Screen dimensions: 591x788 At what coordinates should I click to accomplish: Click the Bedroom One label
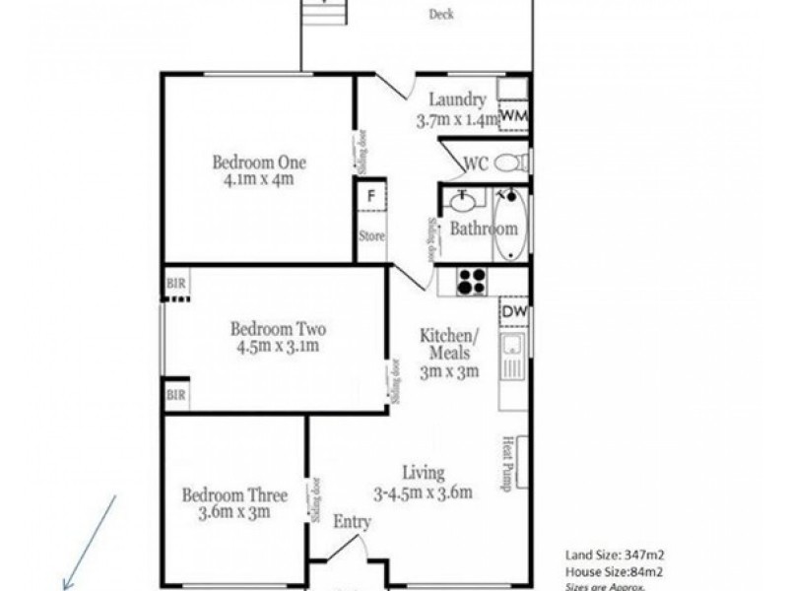pyautogui.click(x=258, y=163)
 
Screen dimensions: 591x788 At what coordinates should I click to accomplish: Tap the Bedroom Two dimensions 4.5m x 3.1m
pyautogui.click(x=278, y=347)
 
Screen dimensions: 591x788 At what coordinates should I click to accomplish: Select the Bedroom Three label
pyautogui.click(x=233, y=495)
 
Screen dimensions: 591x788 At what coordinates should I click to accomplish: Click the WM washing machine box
pyautogui.click(x=514, y=116)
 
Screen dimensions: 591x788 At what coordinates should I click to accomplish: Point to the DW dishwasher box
pyautogui.click(x=513, y=312)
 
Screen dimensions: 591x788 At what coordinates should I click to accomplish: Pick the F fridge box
pyautogui.click(x=371, y=195)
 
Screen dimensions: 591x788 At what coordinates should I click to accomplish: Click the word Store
pyautogui.click(x=371, y=235)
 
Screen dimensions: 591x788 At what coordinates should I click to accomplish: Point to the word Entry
pyautogui.click(x=352, y=522)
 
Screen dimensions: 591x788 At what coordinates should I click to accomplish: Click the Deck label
pyautogui.click(x=441, y=15)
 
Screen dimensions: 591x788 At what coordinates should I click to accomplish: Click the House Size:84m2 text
pyautogui.click(x=613, y=571)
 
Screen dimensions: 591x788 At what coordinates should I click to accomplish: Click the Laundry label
pyautogui.click(x=457, y=99)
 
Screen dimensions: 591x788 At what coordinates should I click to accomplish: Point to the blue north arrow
pyautogui.click(x=91, y=543)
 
